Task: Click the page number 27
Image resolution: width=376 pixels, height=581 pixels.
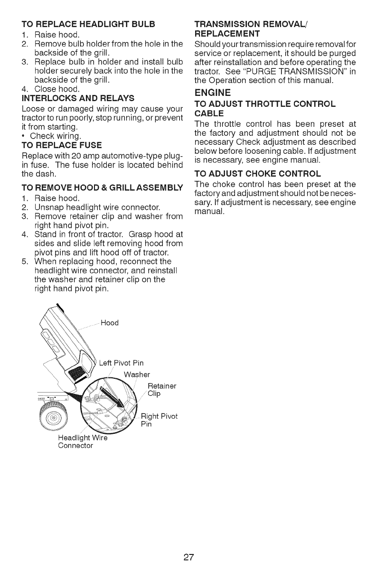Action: [188, 557]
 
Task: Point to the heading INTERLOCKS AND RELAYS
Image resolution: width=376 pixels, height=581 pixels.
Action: [77, 98]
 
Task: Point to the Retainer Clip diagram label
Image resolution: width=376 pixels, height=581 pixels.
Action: [161, 389]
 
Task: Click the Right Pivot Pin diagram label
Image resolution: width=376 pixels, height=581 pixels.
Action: [159, 421]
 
